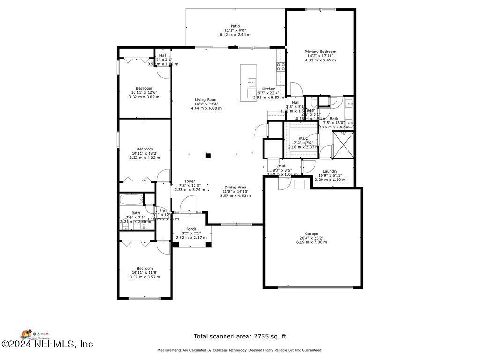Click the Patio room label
[235, 26]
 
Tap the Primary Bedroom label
[320, 52]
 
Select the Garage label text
[312, 233]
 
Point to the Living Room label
[206, 100]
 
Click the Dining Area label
[235, 187]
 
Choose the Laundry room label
[330, 171]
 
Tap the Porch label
[191, 229]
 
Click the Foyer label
[189, 181]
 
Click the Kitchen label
[269, 89]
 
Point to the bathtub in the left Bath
[131, 200]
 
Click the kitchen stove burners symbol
[281, 67]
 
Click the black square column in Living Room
[209, 155]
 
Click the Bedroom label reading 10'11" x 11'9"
[144, 269]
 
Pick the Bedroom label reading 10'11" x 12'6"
[144, 88]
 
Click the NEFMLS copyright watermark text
[47, 344]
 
